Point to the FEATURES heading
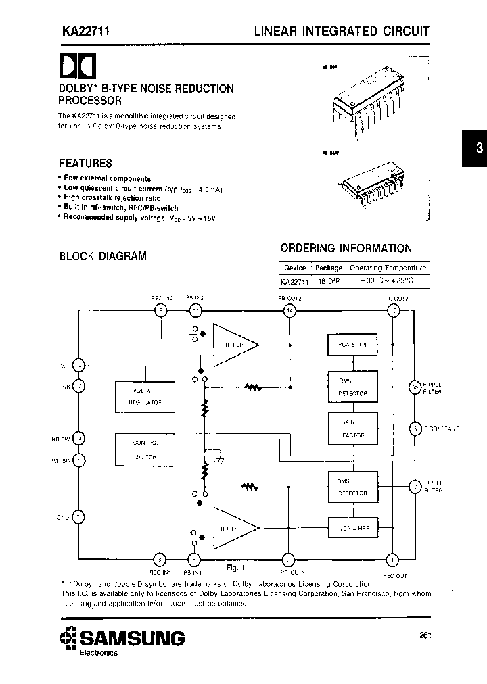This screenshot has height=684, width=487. click(85, 163)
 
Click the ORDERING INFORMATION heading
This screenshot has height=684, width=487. click(346, 248)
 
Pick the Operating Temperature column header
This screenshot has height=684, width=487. click(388, 268)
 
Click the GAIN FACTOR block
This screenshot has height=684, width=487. click(352, 429)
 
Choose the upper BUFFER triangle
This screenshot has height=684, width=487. click(234, 345)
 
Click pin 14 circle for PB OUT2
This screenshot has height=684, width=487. click(289, 310)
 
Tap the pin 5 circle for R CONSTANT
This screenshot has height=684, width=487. click(414, 429)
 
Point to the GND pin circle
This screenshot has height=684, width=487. click(78, 518)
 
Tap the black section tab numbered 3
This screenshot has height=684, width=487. click(476, 149)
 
